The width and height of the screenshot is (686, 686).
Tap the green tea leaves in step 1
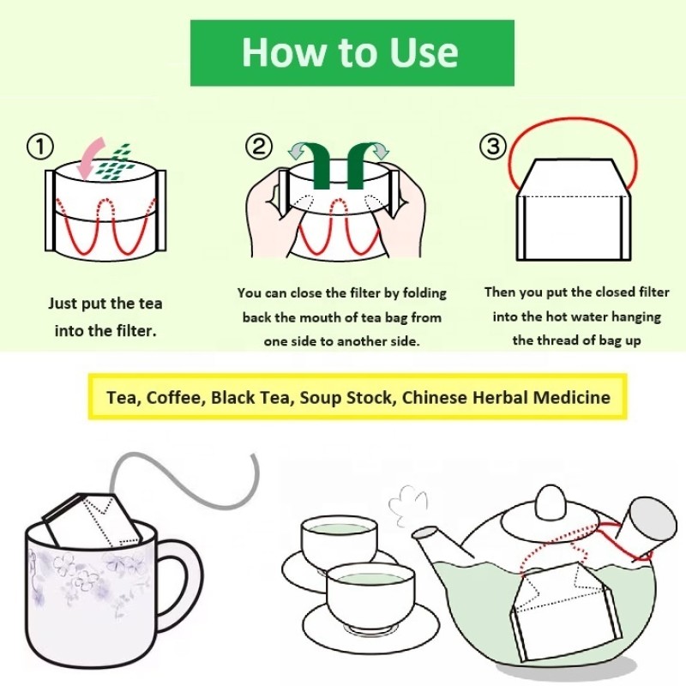116,162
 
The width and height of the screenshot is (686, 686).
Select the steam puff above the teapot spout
408,506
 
